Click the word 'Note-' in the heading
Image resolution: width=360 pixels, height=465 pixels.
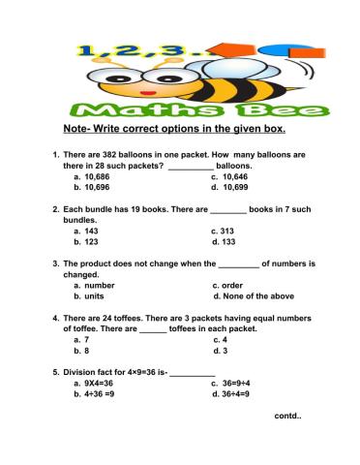click(x=77, y=128)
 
